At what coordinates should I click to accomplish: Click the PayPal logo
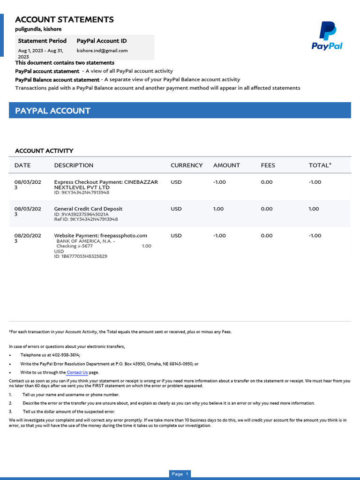coord(327,36)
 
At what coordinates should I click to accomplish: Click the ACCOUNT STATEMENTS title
coord(64,19)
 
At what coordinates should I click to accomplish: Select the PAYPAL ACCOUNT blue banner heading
coord(52,111)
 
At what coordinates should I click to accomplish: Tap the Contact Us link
coord(77,373)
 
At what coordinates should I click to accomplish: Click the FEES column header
coord(268,165)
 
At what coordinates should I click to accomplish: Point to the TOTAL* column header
coord(320,165)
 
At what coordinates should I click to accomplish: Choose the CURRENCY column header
coord(187,165)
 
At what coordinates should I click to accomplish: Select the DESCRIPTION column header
coord(74,165)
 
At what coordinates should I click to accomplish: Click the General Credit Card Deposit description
coord(88,209)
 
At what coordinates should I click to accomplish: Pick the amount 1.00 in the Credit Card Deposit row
coord(218,209)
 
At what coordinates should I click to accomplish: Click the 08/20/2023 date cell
coord(28,239)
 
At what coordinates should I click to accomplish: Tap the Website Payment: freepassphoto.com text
coord(100,235)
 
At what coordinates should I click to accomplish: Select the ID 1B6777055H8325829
coord(81,256)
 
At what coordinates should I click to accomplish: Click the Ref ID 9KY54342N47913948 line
coord(86,219)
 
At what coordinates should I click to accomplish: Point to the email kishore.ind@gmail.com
coord(102,51)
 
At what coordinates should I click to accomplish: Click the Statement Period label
coord(42,41)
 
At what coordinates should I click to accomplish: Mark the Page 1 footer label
coord(180,474)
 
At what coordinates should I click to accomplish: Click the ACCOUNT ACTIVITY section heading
coord(44,150)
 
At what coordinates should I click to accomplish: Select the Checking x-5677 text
coord(75,246)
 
